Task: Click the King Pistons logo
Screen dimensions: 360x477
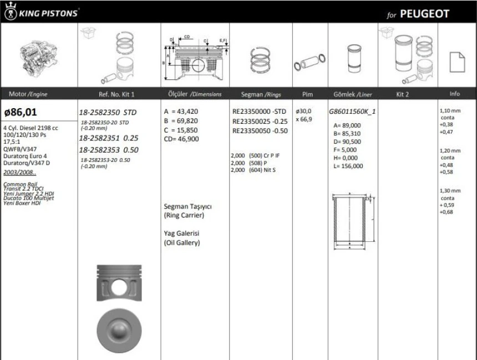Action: (x=42, y=12)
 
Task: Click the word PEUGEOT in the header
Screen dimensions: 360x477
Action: (x=424, y=14)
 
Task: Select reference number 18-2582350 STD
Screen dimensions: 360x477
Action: (x=108, y=112)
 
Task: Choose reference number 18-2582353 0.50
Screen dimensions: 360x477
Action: (x=108, y=150)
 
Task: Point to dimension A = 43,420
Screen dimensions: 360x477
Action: (x=181, y=111)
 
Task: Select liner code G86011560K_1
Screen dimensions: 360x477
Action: (x=352, y=111)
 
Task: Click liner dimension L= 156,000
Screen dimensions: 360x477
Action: (x=348, y=166)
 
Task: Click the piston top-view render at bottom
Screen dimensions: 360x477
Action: (x=117, y=327)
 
